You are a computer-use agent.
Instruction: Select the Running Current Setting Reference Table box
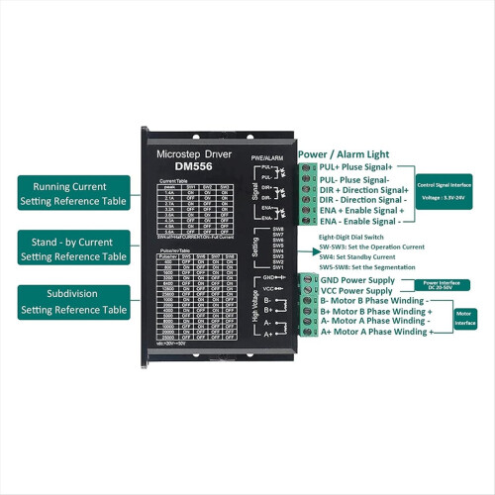(x=73, y=193)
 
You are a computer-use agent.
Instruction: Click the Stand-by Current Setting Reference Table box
(x=73, y=247)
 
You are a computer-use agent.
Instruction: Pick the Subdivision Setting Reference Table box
(x=73, y=302)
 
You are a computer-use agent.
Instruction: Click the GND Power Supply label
(x=361, y=280)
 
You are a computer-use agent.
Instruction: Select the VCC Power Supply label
(x=361, y=293)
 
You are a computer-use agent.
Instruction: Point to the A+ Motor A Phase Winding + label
(x=376, y=332)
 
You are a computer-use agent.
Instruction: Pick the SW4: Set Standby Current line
(x=358, y=256)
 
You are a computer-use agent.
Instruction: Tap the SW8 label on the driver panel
(x=278, y=230)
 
